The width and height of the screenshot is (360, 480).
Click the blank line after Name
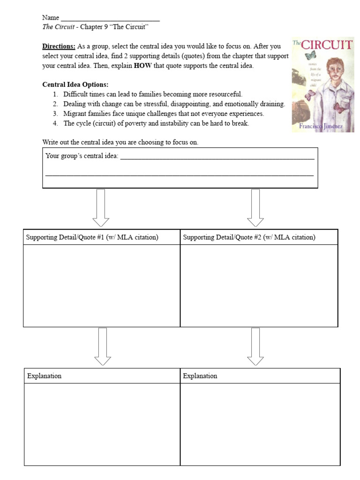110,19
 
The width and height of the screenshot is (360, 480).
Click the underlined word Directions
59,46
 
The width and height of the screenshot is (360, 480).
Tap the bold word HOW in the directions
142,66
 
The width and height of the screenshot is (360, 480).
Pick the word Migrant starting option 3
75,114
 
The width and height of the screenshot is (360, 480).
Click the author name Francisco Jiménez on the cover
321,127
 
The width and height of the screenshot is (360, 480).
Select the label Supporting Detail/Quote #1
92,237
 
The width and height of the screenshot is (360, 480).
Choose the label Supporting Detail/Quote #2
249,237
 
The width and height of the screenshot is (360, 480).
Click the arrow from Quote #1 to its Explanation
103,346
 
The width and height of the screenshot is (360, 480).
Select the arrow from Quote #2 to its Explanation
255,346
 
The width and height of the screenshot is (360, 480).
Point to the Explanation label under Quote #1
44,376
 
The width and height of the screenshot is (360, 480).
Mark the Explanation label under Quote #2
200,376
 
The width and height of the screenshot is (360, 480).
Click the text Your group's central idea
82,156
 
